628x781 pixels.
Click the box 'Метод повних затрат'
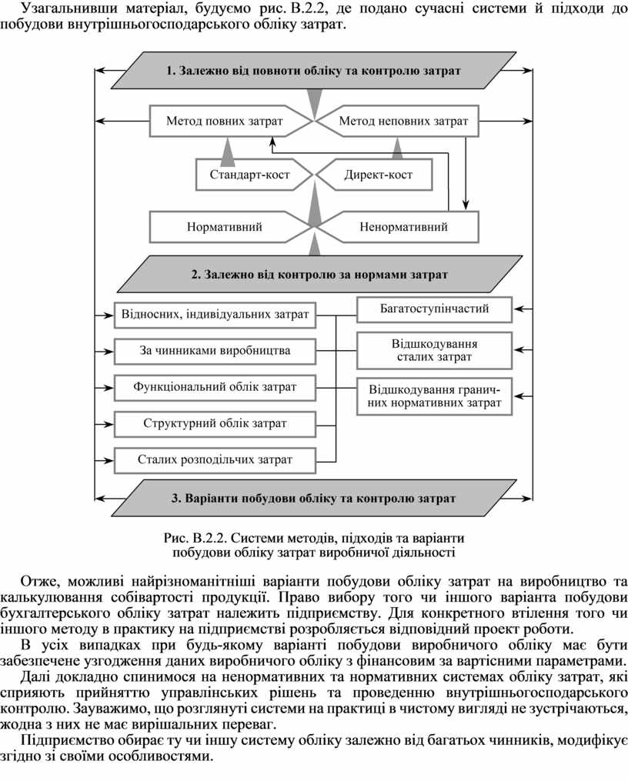click(x=224, y=121)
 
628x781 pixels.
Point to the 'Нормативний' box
click(x=224, y=227)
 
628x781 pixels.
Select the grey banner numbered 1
click(x=314, y=70)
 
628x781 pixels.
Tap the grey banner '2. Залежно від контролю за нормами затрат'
click(x=319, y=274)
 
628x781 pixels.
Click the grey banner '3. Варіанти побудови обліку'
click(x=314, y=498)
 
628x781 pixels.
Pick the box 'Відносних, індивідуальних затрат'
click(x=215, y=315)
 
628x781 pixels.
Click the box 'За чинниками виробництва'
click(x=215, y=351)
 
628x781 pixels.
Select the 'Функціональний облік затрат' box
click(x=215, y=388)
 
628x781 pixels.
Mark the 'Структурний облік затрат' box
click(x=215, y=424)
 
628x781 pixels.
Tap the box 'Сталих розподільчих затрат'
click(x=215, y=460)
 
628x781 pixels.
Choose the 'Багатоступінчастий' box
click(x=434, y=309)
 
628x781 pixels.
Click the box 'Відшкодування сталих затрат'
click(x=434, y=351)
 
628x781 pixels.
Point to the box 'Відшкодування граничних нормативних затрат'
click(x=434, y=396)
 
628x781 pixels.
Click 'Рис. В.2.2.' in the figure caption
click(x=195, y=539)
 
